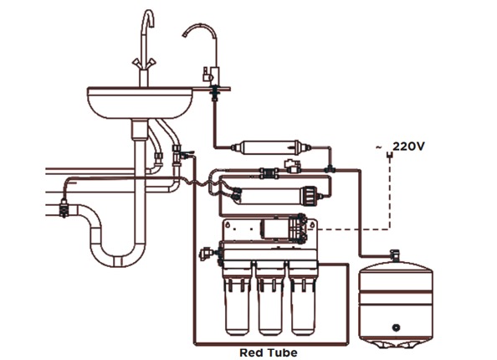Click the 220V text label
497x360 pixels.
[x=408, y=147]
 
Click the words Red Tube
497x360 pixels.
[x=269, y=352]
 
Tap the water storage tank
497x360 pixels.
[x=396, y=305]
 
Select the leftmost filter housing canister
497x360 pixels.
[x=237, y=304]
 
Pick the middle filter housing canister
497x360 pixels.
[x=270, y=304]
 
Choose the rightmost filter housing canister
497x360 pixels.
[x=303, y=304]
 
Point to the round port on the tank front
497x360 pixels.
[x=396, y=327]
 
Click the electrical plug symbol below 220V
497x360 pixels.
[x=390, y=156]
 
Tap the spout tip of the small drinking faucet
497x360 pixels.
[x=185, y=34]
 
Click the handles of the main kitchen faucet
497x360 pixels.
[x=144, y=63]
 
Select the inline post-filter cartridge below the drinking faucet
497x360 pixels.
[x=270, y=147]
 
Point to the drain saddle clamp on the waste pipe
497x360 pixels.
[x=64, y=208]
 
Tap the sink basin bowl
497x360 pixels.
[x=140, y=102]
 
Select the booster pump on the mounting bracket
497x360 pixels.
[x=284, y=230]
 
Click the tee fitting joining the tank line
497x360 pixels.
[x=330, y=169]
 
